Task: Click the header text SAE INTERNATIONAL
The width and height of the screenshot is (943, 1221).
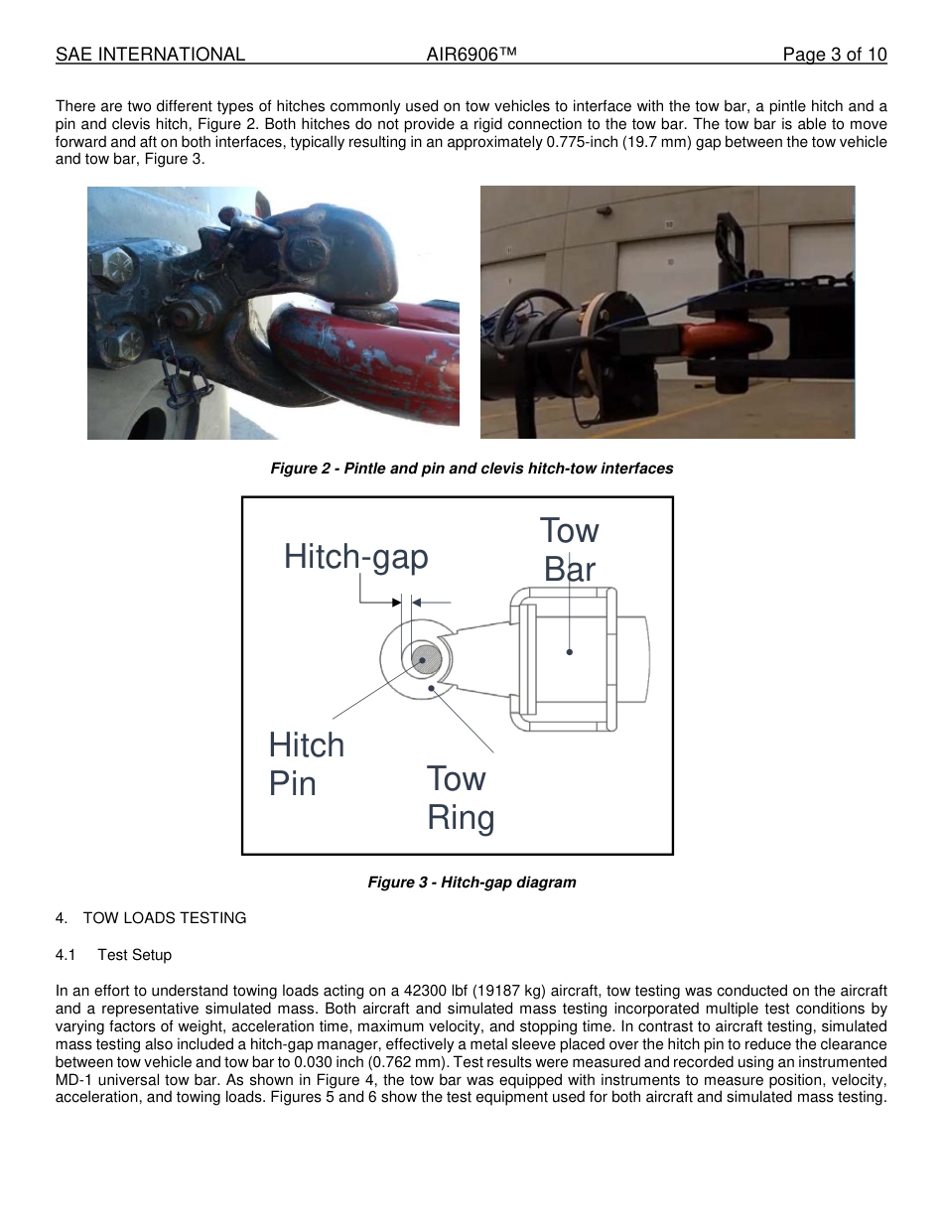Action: coord(150,55)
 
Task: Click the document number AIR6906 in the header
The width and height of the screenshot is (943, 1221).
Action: coord(471,55)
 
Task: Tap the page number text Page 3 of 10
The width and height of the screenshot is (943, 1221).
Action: coord(834,55)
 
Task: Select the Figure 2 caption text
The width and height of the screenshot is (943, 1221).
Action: coord(471,469)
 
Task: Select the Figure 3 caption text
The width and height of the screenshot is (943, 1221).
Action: coord(471,882)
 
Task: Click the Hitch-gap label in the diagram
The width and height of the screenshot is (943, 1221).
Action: coord(355,557)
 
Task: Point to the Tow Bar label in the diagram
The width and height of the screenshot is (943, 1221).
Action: coord(569,550)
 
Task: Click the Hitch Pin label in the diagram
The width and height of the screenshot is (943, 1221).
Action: coord(306,764)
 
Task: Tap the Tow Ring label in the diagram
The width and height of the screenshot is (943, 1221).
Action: coord(460,798)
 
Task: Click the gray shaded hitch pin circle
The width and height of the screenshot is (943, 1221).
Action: coord(426,659)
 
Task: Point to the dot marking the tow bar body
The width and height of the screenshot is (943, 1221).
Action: coord(570,652)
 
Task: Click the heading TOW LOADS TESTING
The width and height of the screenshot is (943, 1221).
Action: coord(164,918)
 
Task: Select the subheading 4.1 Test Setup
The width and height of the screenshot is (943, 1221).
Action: coord(113,955)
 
